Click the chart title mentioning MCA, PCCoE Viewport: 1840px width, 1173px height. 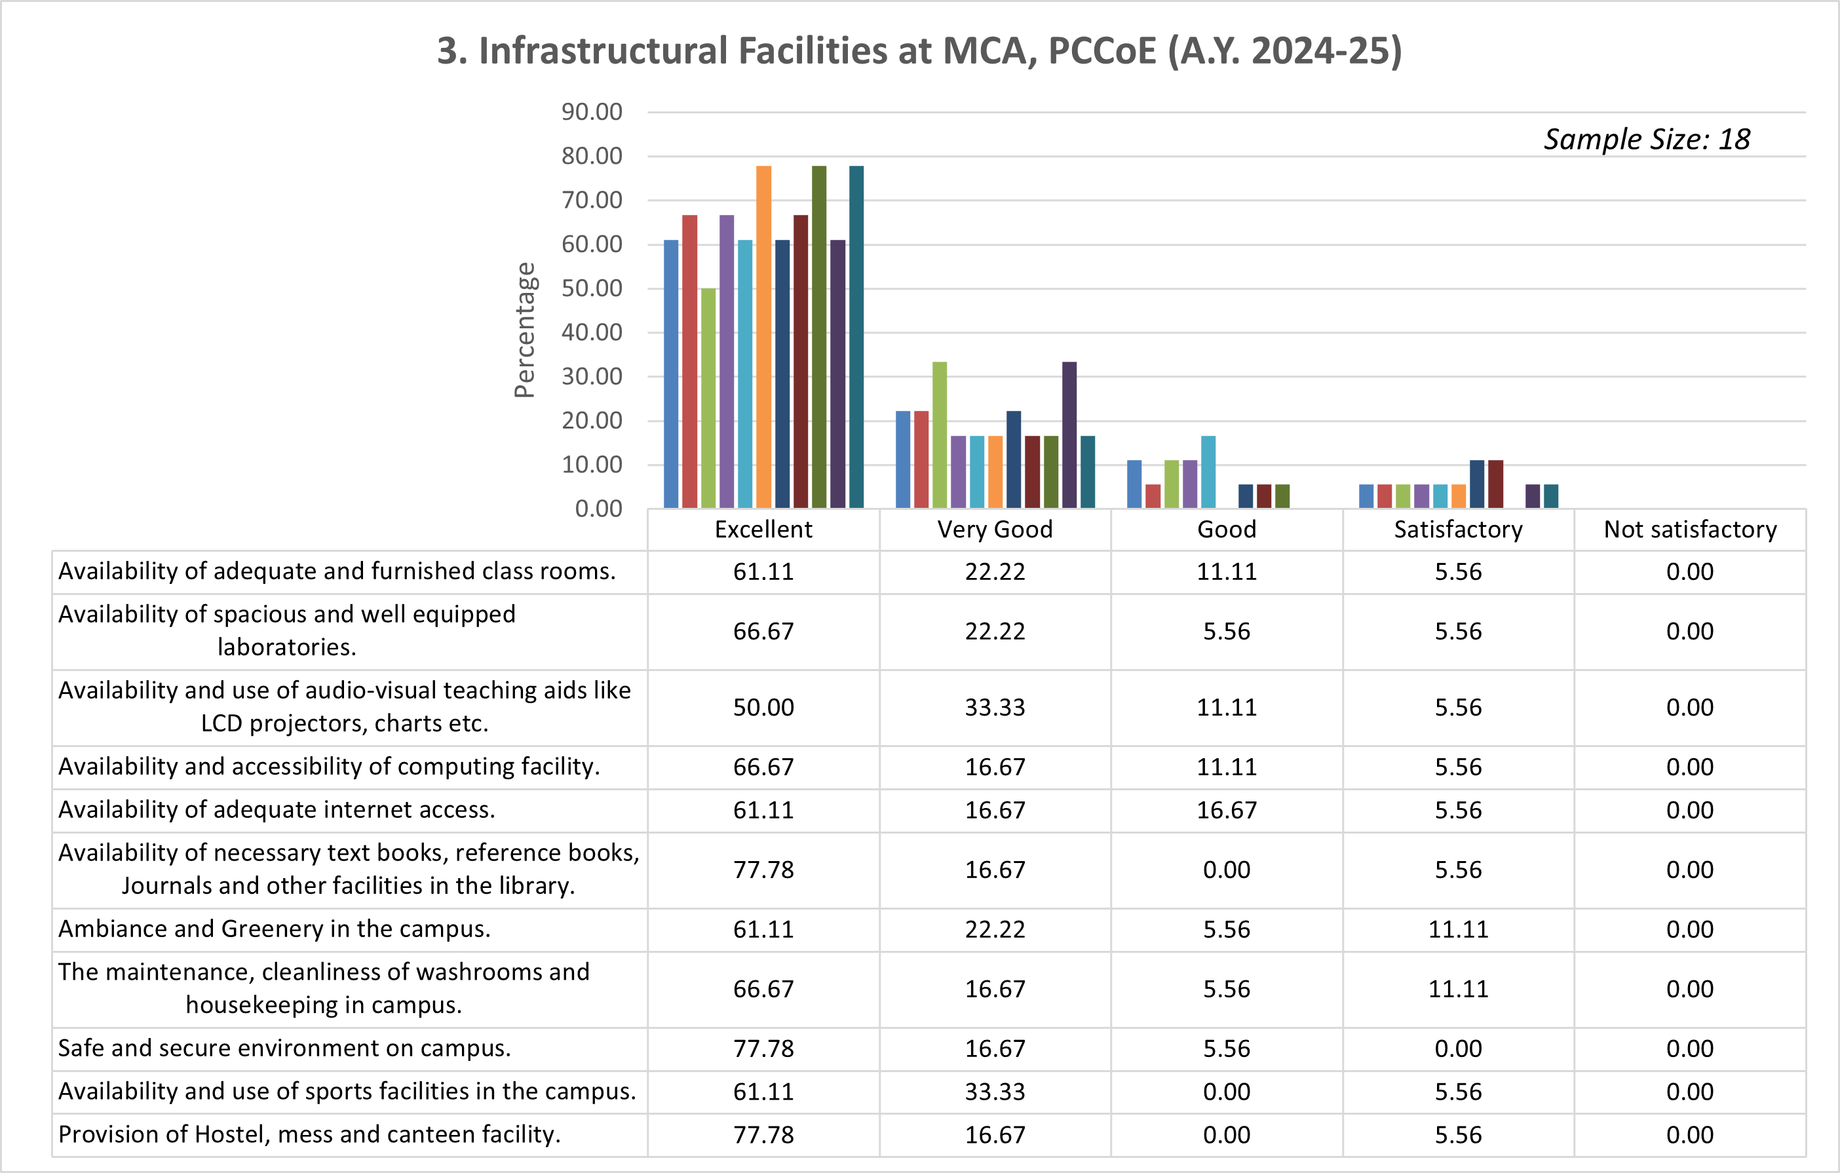pyautogui.click(x=919, y=51)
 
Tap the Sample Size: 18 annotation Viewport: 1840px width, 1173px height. pyautogui.click(x=1646, y=139)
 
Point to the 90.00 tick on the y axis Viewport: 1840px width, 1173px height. pyautogui.click(x=592, y=111)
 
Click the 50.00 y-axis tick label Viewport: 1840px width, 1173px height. pyautogui.click(x=592, y=288)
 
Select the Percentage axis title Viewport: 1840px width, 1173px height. pyautogui.click(x=524, y=330)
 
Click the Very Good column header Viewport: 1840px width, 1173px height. pyautogui.click(x=995, y=529)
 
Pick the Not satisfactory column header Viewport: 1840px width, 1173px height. pyautogui.click(x=1689, y=529)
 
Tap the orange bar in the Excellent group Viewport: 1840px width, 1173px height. pyautogui.click(x=763, y=336)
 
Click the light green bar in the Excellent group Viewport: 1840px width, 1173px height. pyautogui.click(x=708, y=397)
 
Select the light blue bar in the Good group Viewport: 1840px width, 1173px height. pyautogui.click(x=1208, y=471)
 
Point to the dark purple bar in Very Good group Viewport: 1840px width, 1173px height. pyautogui.click(x=1069, y=434)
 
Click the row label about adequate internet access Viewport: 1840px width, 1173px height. pyautogui.click(x=277, y=809)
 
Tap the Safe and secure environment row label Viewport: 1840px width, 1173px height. pyautogui.click(x=284, y=1048)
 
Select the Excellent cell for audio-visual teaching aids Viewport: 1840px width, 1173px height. pyautogui.click(x=763, y=707)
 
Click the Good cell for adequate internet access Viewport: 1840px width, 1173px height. pyautogui.click(x=1227, y=809)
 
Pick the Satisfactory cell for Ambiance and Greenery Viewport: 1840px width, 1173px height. pyautogui.click(x=1458, y=929)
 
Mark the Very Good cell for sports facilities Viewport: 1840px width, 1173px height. pyautogui.click(x=995, y=1091)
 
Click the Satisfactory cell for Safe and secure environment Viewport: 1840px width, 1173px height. pyautogui.click(x=1458, y=1048)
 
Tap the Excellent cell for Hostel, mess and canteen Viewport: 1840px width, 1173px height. pyautogui.click(x=763, y=1134)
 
